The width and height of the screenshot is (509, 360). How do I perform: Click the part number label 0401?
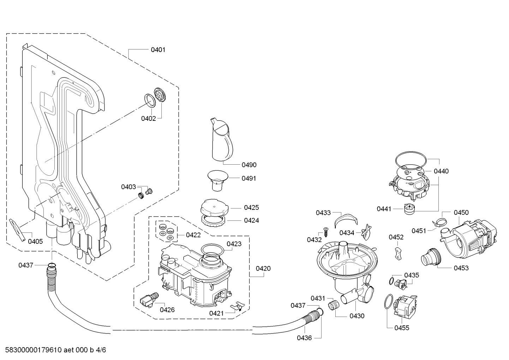(158, 49)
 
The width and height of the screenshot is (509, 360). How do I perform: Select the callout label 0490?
(249, 165)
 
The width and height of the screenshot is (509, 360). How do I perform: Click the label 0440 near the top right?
(441, 171)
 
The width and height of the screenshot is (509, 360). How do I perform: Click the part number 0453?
(461, 268)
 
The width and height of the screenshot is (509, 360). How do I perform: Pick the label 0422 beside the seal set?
(193, 235)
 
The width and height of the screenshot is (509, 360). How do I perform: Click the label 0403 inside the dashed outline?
(128, 187)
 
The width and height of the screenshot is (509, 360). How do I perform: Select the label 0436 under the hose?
(304, 338)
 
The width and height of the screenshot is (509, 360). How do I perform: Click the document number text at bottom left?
(56, 350)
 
